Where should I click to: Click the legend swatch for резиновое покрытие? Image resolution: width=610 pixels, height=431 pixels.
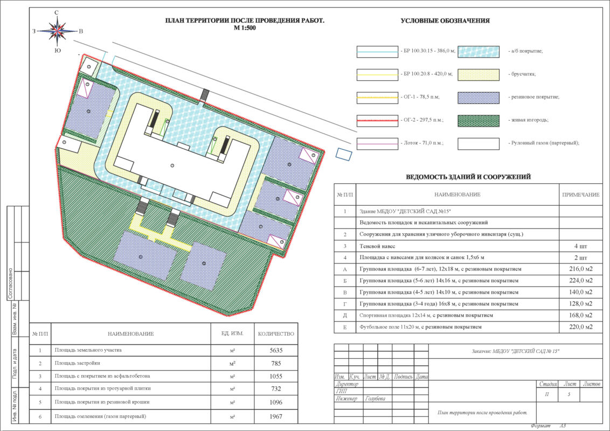coord(479,98)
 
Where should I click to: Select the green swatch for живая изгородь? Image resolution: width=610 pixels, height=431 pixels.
coord(479,121)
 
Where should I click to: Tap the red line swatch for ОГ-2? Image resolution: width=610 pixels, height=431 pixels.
coord(377,121)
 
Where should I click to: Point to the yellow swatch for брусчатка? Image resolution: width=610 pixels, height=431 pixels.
coord(479,75)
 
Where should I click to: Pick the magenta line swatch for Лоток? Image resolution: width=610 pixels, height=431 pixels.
coord(377,143)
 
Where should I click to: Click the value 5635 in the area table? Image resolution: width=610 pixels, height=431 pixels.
coord(276,351)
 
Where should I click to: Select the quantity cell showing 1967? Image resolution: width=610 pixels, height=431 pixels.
coord(276,416)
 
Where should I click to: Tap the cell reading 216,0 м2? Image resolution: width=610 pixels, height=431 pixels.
coord(580,269)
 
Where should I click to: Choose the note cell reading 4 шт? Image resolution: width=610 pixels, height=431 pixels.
coord(580,246)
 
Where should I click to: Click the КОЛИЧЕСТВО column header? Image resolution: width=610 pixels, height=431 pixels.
coord(276,333)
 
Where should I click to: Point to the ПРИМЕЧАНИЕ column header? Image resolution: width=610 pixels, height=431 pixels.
coord(580,194)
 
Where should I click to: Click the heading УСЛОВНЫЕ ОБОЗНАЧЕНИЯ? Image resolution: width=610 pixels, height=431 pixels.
coord(445,21)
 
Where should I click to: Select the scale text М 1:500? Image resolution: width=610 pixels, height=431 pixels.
coord(245,28)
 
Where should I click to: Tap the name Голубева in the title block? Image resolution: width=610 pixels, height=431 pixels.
coord(375,399)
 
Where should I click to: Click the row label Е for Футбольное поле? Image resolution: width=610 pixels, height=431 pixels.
coord(345,327)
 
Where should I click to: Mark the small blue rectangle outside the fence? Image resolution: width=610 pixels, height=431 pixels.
coord(344,155)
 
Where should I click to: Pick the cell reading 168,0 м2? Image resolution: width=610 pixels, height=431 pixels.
coord(580,316)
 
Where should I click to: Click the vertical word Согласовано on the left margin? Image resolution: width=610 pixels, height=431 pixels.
coord(10,283)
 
